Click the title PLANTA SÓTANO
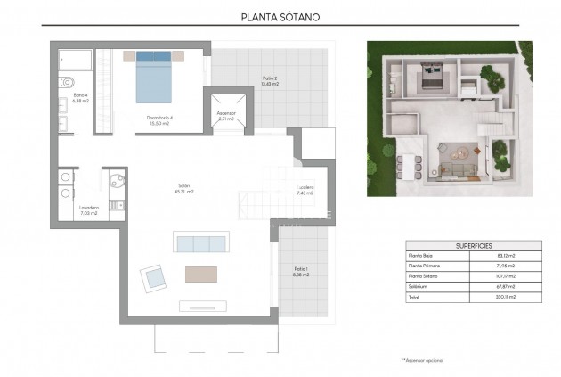(x=280, y=16)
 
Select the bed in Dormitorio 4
(x=154, y=79)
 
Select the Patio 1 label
(x=301, y=272)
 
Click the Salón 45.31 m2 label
(x=185, y=189)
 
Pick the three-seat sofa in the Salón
(x=201, y=242)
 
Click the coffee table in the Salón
(x=201, y=274)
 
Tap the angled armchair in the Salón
(x=153, y=278)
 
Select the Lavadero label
(x=88, y=210)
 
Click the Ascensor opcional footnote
(x=421, y=361)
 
